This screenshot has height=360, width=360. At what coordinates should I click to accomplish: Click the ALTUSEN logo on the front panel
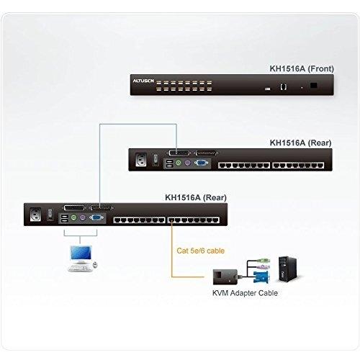[x=143, y=81]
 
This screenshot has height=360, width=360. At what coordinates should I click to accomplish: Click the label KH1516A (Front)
[x=302, y=68]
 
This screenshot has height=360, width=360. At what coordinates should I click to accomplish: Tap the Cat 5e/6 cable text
[x=201, y=251]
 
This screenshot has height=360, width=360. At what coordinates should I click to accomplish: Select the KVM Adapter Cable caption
[x=245, y=293]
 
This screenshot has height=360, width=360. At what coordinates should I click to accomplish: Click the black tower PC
[x=287, y=269]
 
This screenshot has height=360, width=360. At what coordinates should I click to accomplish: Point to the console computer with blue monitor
[x=82, y=258]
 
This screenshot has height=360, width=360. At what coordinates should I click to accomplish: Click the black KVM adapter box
[x=225, y=276]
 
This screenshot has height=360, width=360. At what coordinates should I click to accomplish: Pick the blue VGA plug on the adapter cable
[x=261, y=276]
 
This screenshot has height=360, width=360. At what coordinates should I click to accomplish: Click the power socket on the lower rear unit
[x=35, y=215]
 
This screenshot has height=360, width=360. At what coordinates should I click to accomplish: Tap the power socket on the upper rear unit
[x=141, y=160]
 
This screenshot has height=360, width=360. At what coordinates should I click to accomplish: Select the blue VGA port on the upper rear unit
[x=201, y=163]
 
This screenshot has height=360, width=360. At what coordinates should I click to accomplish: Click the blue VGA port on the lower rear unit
[x=96, y=217]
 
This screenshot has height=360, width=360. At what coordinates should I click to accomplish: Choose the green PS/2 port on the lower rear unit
[x=73, y=218]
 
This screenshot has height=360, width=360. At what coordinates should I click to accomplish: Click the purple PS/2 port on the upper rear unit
[x=188, y=163]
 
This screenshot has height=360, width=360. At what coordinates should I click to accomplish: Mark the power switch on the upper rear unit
[x=156, y=160]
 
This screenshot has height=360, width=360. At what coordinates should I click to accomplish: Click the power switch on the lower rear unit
[x=50, y=215]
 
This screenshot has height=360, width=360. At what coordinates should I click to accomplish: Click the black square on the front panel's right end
[x=314, y=85]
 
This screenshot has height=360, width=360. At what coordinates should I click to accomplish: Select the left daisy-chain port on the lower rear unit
[x=74, y=207]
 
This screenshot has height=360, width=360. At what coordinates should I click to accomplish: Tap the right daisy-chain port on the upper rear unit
[x=206, y=153]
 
